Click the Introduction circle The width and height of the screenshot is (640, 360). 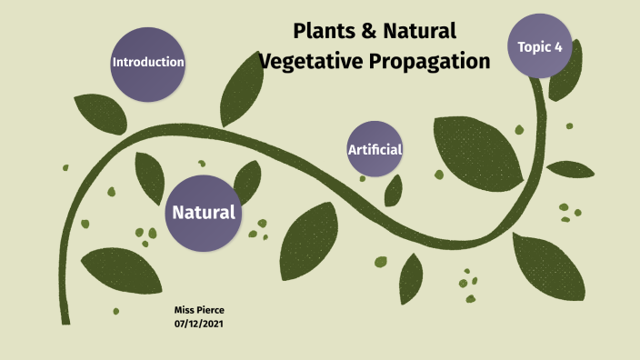click(148, 63)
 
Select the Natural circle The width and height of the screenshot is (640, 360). click(204, 213)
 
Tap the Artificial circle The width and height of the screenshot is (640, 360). click(375, 149)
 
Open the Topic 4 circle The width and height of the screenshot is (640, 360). click(540, 45)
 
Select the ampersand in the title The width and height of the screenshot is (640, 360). click(369, 32)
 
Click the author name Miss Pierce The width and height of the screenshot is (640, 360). click(199, 310)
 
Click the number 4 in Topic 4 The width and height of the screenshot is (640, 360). click(557, 46)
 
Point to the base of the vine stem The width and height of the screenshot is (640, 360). click(65, 318)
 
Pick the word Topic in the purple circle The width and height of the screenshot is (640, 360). click(534, 46)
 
